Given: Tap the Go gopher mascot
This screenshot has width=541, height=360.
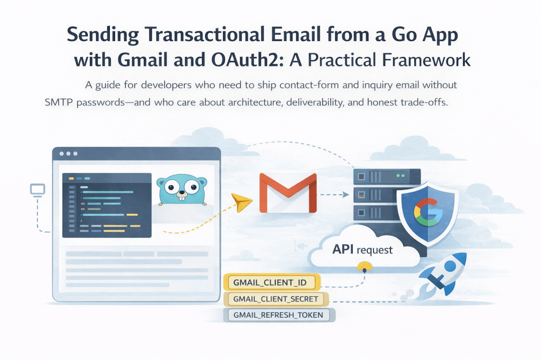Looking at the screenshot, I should coord(181,188).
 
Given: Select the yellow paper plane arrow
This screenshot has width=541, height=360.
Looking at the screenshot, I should coord(242,202).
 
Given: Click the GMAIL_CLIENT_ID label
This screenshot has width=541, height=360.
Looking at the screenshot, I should coord(270,282).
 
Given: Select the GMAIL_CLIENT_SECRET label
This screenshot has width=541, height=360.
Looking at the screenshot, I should coord(276,299).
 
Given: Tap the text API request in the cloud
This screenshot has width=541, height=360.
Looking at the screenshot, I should coord(362,249).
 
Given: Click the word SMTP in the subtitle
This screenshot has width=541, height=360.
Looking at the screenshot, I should coord(59,103).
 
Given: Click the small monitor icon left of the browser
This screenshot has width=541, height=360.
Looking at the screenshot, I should coord(37,189).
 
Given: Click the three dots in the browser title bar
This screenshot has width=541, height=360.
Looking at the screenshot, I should coord(69,154).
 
